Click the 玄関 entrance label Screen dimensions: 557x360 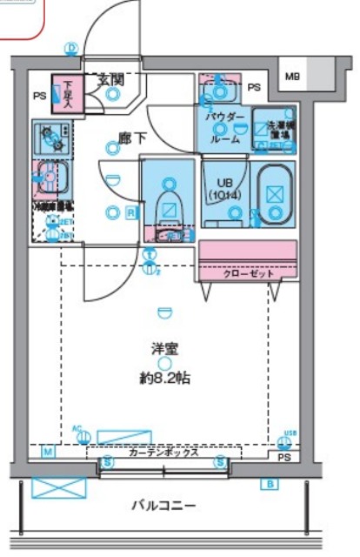point(110,79)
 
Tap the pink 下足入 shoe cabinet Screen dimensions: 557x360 point(64,94)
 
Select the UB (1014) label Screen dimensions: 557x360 point(222,188)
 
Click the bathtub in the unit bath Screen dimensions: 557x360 point(277,192)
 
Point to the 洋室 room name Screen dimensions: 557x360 point(164,348)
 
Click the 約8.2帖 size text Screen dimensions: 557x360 point(164,379)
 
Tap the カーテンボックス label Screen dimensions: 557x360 point(163,453)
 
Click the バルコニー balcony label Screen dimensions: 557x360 point(163,505)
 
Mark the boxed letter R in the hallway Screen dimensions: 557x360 point(130,211)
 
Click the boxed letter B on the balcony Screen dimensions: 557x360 point(271,484)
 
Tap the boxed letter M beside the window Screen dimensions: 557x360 point(49,453)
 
